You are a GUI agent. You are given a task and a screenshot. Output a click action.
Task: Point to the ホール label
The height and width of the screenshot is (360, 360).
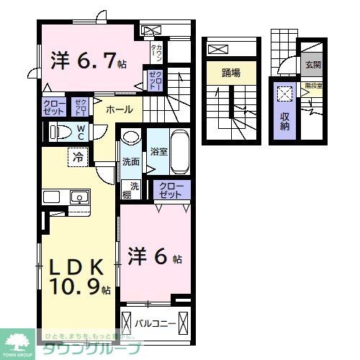click(119, 110)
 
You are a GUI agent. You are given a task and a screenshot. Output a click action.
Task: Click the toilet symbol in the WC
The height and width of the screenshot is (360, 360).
click(58, 132)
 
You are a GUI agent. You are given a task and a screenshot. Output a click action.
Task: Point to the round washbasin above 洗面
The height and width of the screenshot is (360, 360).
click(130, 138)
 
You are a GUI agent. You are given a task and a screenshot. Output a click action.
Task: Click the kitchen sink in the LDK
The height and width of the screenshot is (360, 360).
click(78, 197)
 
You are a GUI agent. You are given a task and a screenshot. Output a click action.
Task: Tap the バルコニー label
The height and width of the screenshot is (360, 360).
click(156, 304)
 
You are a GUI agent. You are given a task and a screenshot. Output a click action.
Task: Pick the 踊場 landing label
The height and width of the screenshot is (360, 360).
click(230, 73)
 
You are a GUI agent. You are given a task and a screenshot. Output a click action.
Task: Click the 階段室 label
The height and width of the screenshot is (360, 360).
click(312, 85)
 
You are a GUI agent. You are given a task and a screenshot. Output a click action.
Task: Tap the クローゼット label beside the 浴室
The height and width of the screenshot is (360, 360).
click(171, 190)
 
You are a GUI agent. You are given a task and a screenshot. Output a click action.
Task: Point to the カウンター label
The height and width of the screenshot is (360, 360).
click(156, 53)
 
